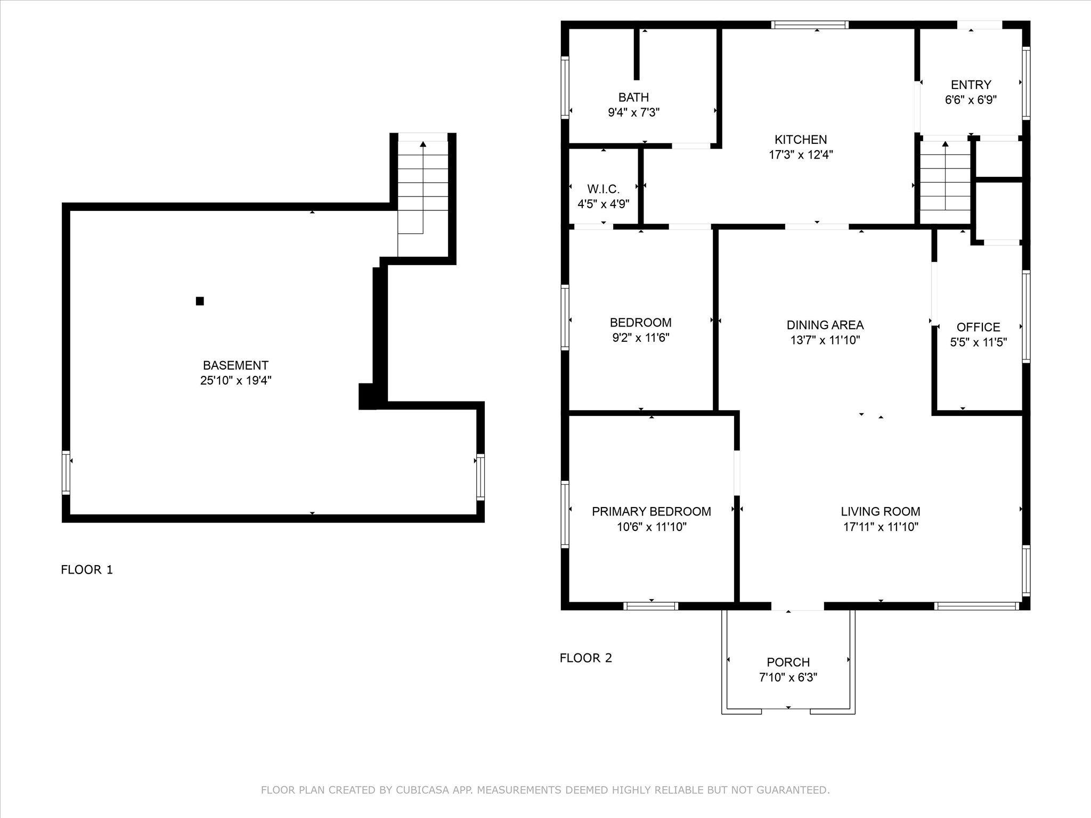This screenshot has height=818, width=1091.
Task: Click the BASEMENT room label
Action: (235, 365)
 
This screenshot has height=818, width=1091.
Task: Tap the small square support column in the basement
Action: (200, 301)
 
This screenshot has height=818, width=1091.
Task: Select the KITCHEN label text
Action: (801, 140)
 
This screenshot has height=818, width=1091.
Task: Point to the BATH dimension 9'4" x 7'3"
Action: (634, 112)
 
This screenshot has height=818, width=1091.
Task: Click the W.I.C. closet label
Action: (604, 189)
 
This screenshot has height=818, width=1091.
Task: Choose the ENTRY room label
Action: (971, 85)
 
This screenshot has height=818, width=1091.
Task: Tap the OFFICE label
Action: (979, 327)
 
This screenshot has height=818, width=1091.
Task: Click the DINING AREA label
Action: (825, 325)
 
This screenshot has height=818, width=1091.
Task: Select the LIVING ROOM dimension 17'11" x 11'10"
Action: (881, 527)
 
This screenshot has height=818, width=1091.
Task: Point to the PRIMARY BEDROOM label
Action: (652, 511)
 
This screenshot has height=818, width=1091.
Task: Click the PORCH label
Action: (788, 662)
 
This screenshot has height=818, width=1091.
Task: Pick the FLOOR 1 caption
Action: (87, 570)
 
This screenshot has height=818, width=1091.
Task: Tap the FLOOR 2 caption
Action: (586, 658)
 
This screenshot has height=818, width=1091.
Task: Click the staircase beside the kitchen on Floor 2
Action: (946, 182)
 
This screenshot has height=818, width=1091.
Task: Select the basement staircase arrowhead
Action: (423, 144)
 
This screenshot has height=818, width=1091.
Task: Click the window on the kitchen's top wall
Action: (810, 24)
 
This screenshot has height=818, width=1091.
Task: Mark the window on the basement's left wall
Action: (66, 472)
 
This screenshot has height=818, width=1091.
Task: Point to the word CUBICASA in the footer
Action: (421, 790)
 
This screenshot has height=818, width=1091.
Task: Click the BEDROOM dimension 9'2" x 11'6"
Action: (640, 338)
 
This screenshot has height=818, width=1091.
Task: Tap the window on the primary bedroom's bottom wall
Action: (650, 606)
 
